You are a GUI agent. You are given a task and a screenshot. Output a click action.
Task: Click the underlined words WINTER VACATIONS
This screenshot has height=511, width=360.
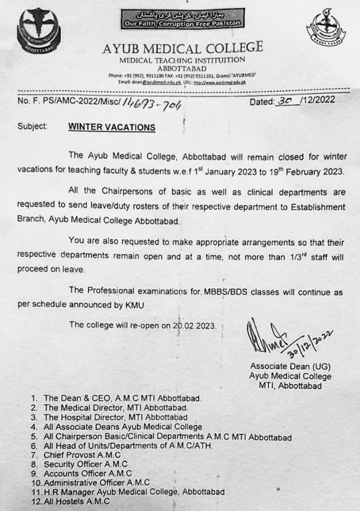[112, 127]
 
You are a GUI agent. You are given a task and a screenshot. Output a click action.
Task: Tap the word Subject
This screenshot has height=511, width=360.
[32, 127]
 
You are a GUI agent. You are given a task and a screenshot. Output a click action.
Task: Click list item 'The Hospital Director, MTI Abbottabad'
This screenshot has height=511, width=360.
[116, 417]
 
